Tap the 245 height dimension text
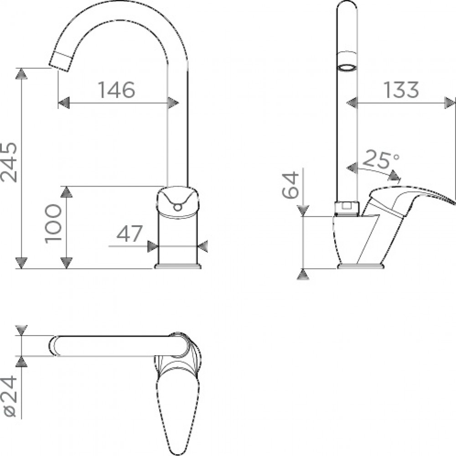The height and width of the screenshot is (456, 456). coord(9,162)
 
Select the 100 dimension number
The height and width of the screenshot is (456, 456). coord(53,223)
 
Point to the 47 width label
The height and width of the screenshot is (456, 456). coord(130,233)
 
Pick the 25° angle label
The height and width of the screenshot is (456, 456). coord(380,159)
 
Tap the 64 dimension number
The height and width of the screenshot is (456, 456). coord(290,185)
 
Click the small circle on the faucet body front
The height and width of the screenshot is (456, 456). coord(177,207)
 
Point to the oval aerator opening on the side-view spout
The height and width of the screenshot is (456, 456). coord(347,68)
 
